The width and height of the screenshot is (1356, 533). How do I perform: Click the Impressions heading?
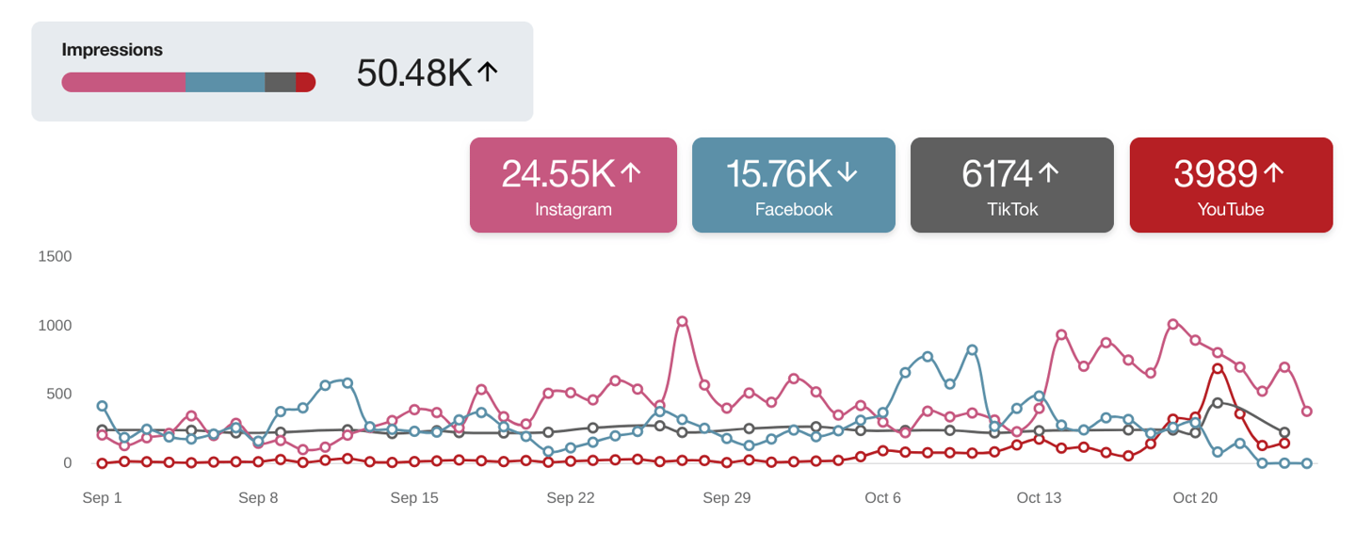(112, 50)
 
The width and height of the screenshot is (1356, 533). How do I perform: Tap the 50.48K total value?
(413, 73)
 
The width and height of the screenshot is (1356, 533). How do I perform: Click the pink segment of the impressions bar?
(123, 82)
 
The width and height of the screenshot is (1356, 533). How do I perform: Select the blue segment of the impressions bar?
(225, 82)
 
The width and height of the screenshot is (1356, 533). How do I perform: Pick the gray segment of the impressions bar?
(280, 82)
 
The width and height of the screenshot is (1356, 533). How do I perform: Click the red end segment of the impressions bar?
(306, 82)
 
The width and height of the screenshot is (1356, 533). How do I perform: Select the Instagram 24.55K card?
(573, 185)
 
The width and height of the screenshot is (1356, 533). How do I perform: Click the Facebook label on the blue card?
(793, 209)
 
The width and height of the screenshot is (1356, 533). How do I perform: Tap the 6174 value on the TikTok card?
(995, 173)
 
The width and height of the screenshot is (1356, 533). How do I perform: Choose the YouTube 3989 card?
(1231, 185)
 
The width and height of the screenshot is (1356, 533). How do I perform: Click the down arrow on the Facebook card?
(847, 172)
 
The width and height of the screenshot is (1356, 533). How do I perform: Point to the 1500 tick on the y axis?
(55, 256)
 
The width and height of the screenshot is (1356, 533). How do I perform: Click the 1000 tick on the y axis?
(55, 325)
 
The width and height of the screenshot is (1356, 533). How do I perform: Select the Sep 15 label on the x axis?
(414, 498)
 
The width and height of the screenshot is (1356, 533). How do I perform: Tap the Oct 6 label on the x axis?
(882, 498)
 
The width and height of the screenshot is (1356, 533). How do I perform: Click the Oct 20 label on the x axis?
(1195, 498)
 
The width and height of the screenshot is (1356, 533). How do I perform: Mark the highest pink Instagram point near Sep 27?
(682, 321)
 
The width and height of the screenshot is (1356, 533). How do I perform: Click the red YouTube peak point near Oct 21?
(1218, 368)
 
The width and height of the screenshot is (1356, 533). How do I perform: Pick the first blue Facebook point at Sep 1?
(102, 406)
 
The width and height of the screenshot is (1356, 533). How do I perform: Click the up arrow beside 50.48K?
(487, 72)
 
